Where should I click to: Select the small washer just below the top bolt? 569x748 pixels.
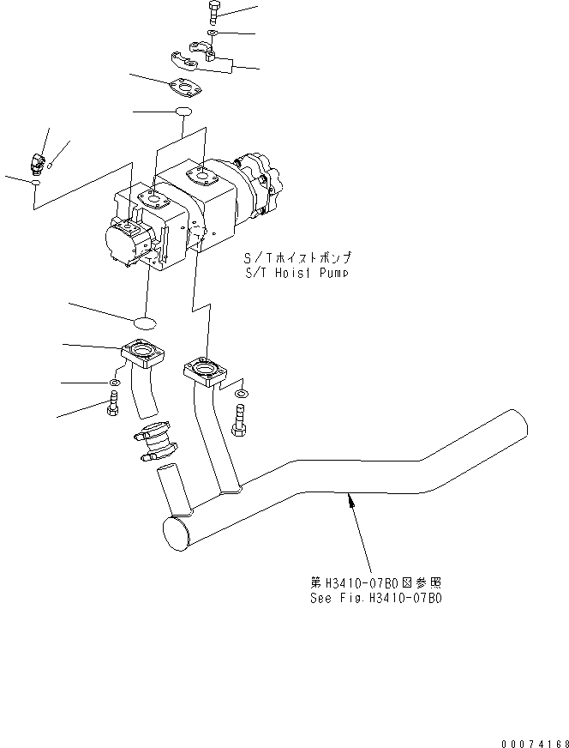pyautogui.click(x=212, y=33)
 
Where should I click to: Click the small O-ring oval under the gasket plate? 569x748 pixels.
pyautogui.click(x=183, y=112)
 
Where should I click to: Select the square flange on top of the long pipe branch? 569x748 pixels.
pyautogui.click(x=204, y=371)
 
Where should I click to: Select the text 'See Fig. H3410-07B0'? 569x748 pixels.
pyautogui.click(x=376, y=598)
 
